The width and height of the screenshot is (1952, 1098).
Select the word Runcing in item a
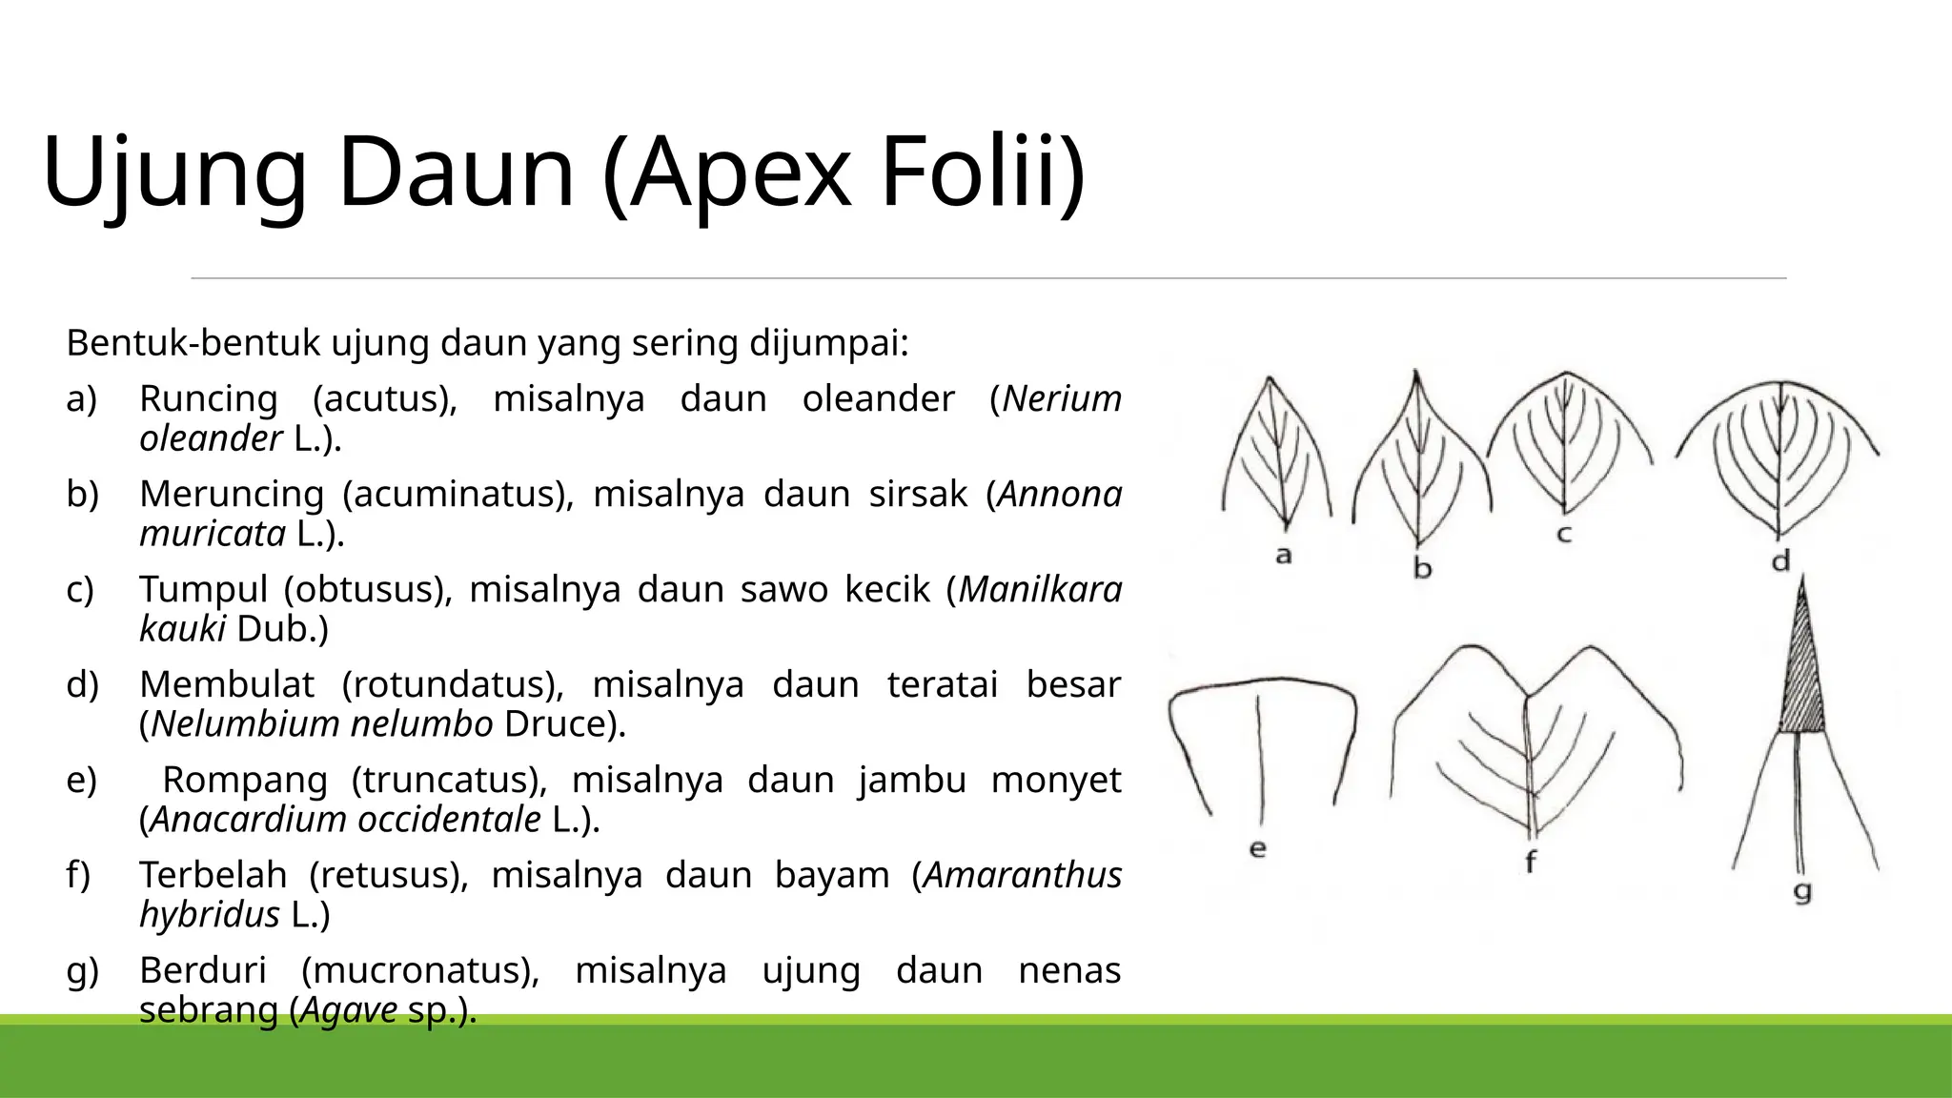pyautogui.click(x=208, y=398)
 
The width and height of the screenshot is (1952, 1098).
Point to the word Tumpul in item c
pyautogui.click(x=203, y=589)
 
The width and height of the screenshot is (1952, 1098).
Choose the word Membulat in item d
pyautogui.click(x=227, y=684)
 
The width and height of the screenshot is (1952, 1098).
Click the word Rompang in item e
pyautogui.click(x=245, y=780)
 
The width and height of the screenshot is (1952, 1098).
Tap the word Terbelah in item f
pyautogui.click(x=213, y=875)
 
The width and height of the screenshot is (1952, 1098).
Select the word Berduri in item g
pyautogui.click(x=203, y=970)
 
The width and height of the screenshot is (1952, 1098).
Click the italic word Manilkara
pyautogui.click(x=1040, y=589)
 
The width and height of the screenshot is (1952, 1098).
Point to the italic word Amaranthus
pyautogui.click(x=1023, y=875)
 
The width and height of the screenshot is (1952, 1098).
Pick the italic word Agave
pyautogui.click(x=349, y=1009)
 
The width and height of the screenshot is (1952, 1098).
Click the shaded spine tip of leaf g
pyautogui.click(x=1801, y=677)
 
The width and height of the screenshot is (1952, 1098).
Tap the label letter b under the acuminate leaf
pyautogui.click(x=1422, y=569)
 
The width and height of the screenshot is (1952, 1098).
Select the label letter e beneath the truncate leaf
pyautogui.click(x=1258, y=848)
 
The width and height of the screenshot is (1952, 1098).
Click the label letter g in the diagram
pyautogui.click(x=1802, y=892)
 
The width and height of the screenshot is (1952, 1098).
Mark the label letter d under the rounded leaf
pyautogui.click(x=1780, y=561)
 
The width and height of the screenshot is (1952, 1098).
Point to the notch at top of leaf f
pyautogui.click(x=1526, y=695)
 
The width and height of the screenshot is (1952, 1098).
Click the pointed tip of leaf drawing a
pyautogui.click(x=1270, y=379)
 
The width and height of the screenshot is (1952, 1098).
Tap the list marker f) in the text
pyautogui.click(x=79, y=875)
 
